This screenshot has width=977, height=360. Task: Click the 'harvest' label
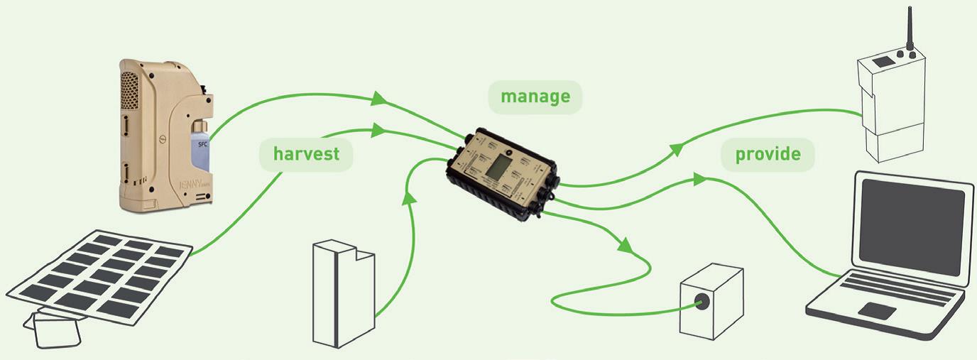tap(306, 153)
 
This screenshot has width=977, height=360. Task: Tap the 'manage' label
tap(535, 97)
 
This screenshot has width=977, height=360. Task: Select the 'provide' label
tap(768, 154)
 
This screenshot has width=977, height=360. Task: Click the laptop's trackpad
tap(876, 310)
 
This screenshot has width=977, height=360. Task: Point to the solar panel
tap(99, 276)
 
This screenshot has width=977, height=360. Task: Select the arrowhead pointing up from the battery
tap(407, 197)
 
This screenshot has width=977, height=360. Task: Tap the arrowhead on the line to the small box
tap(624, 248)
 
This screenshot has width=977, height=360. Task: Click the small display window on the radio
tap(883, 62)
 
